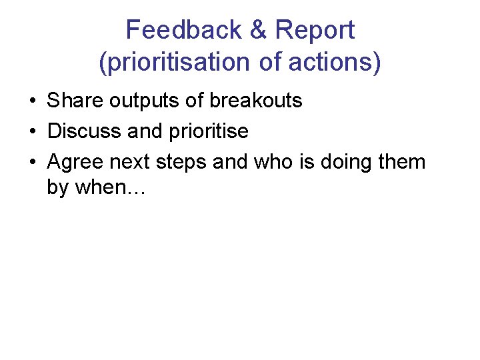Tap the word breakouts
click(256, 101)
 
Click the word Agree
click(75, 163)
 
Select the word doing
click(347, 163)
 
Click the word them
click(403, 162)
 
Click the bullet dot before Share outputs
click(32, 101)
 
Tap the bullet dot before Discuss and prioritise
click(32, 132)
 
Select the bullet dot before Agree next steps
click(32, 163)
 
